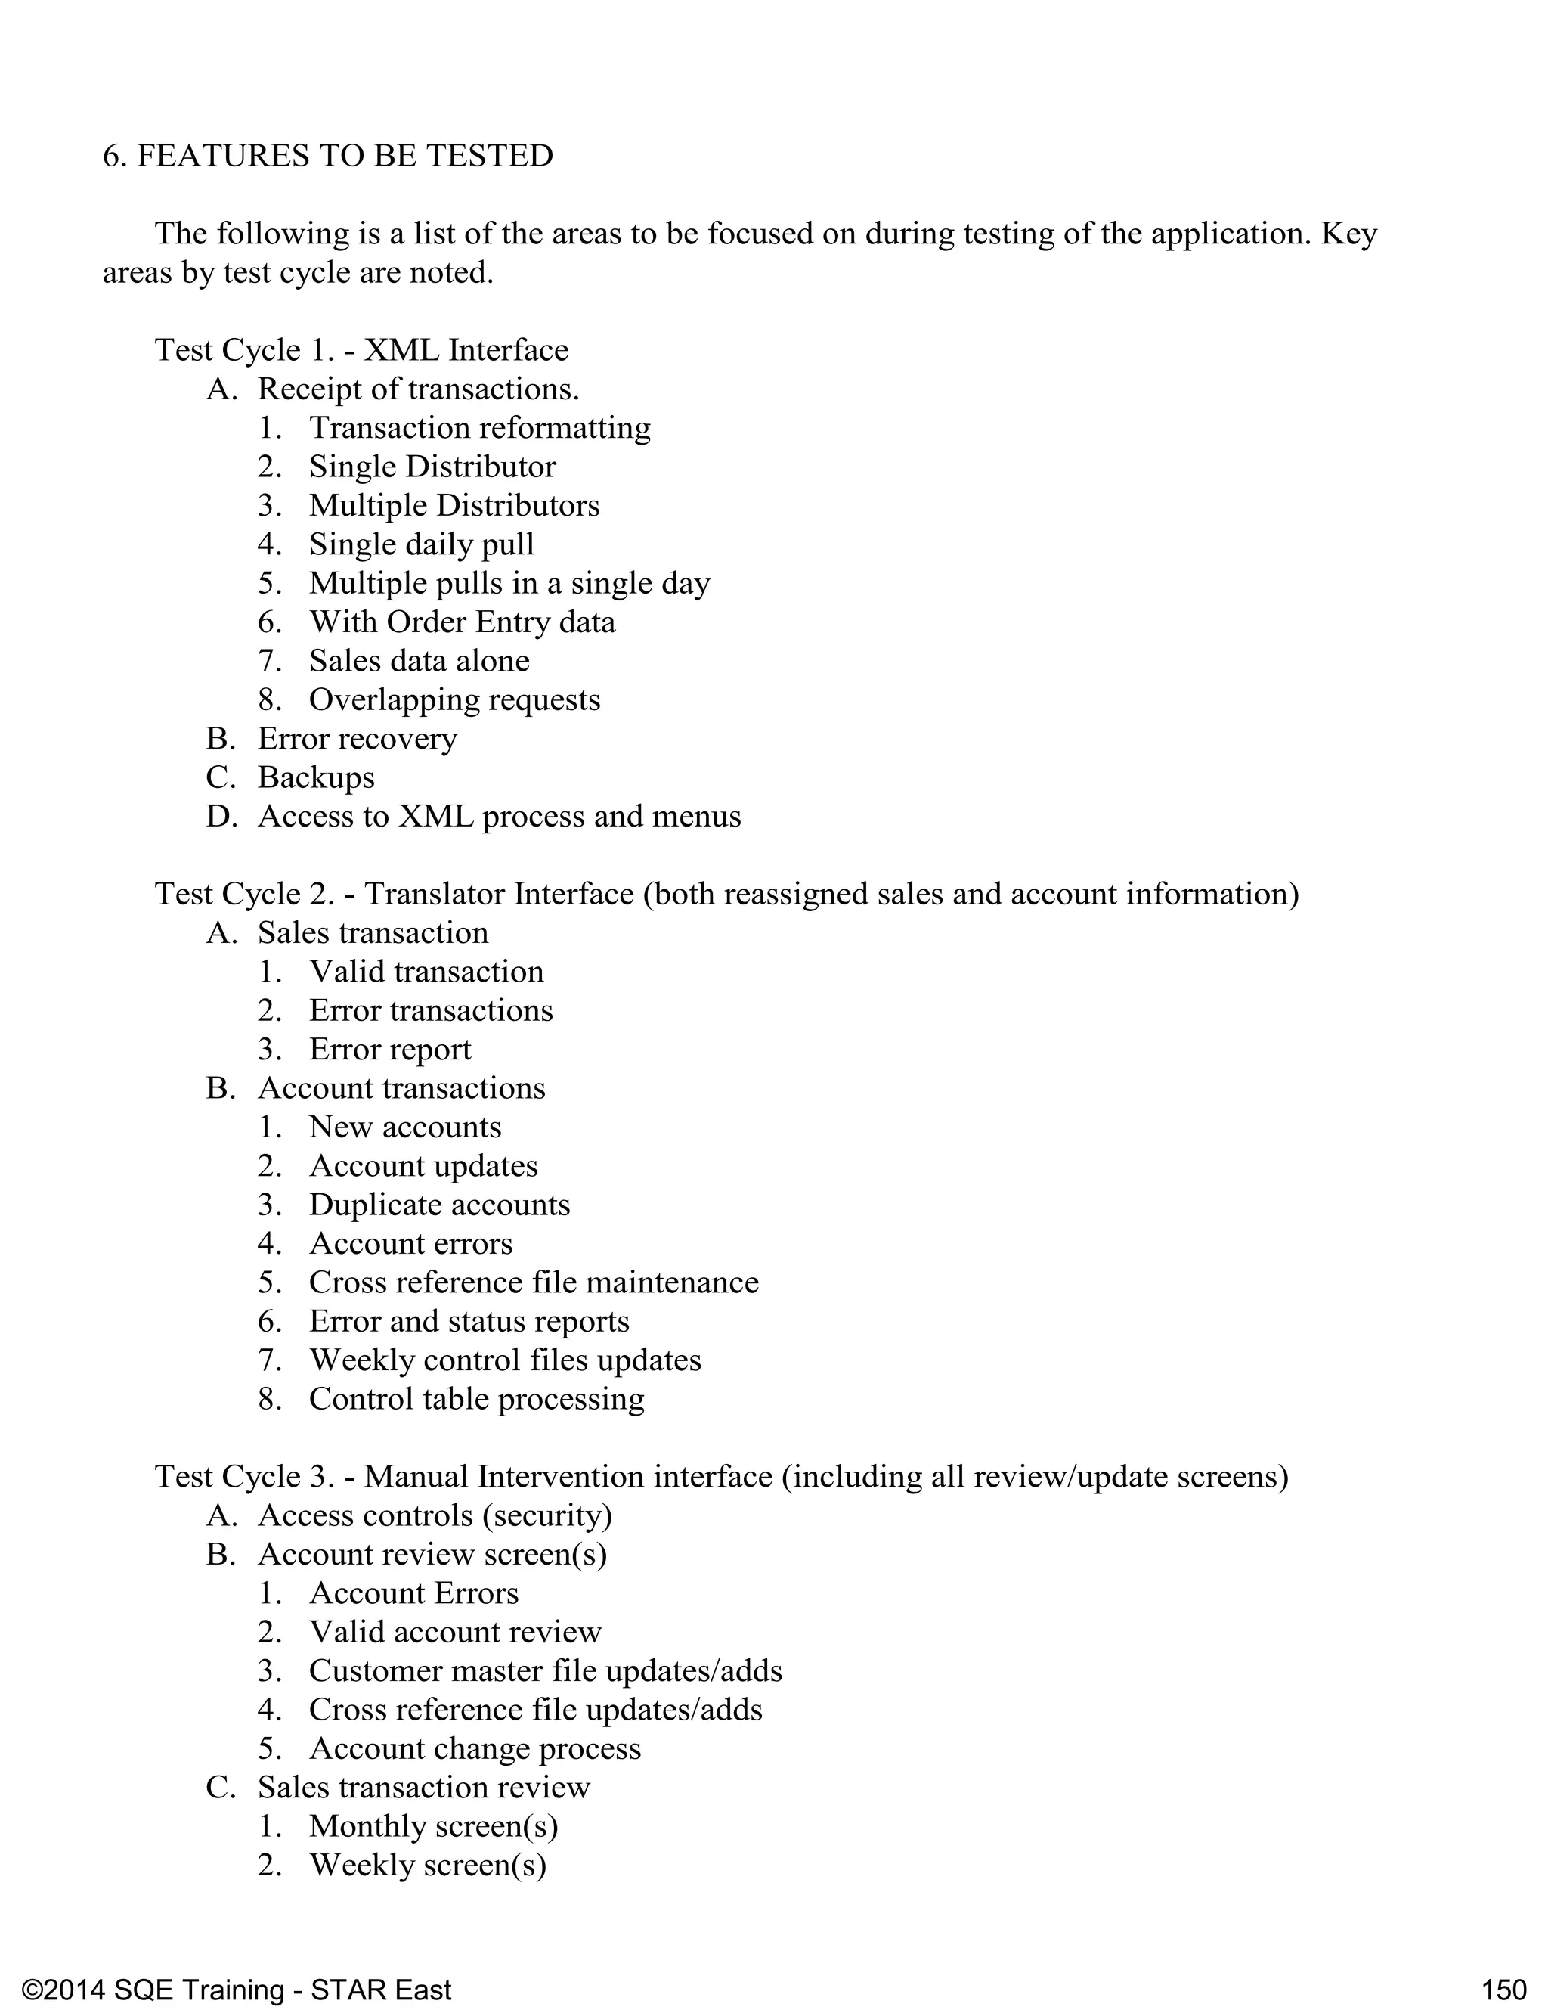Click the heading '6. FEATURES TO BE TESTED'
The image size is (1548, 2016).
(x=327, y=156)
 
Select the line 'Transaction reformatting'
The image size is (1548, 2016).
(x=479, y=428)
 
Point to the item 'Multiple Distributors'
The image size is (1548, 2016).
(x=454, y=505)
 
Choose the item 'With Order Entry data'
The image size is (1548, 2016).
(x=462, y=622)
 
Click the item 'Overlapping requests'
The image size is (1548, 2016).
(x=454, y=699)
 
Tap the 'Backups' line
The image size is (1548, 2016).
(x=316, y=777)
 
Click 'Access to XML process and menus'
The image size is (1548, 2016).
(x=499, y=817)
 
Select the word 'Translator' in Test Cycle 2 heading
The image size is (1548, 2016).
(x=434, y=894)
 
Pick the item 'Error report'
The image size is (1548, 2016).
(x=390, y=1049)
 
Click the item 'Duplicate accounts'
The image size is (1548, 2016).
(x=439, y=1205)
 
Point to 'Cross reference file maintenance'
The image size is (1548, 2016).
(x=534, y=1282)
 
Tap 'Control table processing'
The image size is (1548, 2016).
(x=476, y=1399)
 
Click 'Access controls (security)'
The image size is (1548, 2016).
(x=435, y=1515)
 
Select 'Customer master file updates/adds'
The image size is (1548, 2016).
(x=546, y=1670)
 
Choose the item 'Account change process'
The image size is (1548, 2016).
(x=475, y=1748)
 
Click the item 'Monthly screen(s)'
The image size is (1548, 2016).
(x=433, y=1826)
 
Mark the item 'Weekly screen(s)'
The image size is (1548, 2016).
(x=428, y=1865)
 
